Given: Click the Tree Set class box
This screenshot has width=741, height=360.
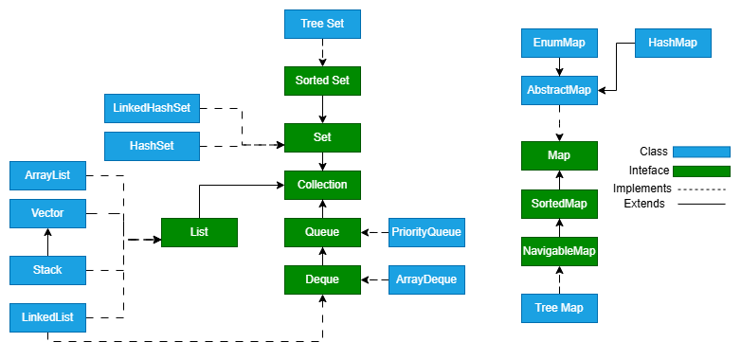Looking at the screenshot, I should [322, 24].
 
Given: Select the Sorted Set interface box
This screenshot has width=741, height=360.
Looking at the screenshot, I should [322, 81].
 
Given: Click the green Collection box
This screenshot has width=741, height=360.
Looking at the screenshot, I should [322, 185].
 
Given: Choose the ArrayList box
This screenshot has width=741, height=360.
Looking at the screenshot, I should [47, 175].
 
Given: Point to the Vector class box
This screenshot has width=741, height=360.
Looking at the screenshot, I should [47, 213].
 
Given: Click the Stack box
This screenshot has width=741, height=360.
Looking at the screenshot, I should [47, 270].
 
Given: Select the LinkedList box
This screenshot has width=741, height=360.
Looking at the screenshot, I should [47, 316].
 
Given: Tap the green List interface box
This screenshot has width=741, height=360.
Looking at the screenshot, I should [199, 232].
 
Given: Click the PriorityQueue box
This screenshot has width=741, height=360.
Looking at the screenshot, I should [427, 232].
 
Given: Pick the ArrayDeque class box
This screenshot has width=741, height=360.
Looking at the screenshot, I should [427, 279].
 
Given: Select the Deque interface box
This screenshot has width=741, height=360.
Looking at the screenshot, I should [322, 279].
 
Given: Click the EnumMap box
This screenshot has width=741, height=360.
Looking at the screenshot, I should [559, 43].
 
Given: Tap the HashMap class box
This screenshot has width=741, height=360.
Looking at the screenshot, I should [673, 43].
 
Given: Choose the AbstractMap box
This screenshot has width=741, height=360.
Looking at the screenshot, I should [559, 90].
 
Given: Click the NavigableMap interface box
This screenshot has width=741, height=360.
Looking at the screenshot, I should [559, 251].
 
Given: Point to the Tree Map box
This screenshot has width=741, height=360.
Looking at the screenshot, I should [559, 308].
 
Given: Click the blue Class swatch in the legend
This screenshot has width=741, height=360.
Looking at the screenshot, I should [701, 152].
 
